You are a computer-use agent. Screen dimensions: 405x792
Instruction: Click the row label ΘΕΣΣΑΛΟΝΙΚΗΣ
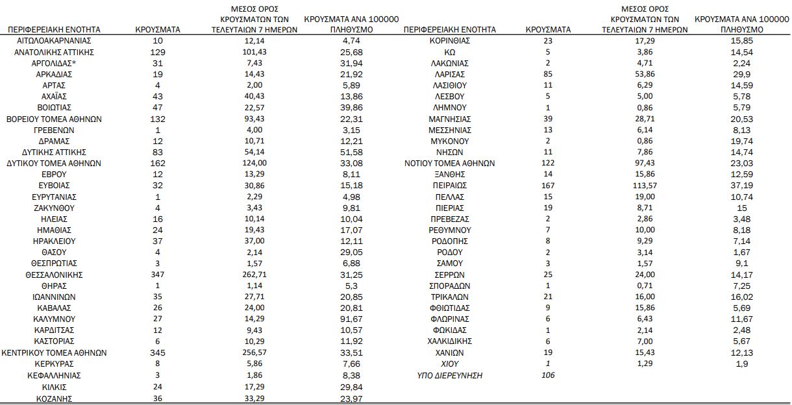(x=55, y=275)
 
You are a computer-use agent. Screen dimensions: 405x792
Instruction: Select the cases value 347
(x=157, y=275)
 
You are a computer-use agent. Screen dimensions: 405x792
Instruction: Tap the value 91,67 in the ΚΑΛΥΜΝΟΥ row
(x=351, y=319)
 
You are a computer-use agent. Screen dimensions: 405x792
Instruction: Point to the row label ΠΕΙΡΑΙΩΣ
(x=450, y=186)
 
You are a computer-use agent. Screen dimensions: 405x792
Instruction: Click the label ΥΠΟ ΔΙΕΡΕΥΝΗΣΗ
(x=450, y=375)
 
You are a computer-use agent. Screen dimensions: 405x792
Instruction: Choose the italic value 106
(x=549, y=375)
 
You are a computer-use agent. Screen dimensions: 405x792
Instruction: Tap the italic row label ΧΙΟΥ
(x=450, y=364)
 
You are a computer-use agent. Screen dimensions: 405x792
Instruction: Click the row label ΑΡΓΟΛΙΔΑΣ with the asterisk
(x=55, y=63)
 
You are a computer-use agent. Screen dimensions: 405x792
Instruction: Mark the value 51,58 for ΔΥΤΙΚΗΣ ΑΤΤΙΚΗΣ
(x=351, y=153)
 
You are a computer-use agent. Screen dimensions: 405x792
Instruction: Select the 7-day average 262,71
(x=254, y=275)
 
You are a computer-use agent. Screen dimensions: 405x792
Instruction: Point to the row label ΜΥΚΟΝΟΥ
(x=450, y=141)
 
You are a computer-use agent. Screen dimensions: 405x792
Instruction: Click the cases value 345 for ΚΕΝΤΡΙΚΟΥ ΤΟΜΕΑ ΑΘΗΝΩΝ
(x=157, y=353)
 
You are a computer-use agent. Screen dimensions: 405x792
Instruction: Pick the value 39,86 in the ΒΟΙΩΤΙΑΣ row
(x=351, y=108)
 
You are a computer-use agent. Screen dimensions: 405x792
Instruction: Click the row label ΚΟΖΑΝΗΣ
(x=55, y=398)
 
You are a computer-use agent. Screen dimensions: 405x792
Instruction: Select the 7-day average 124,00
(x=254, y=164)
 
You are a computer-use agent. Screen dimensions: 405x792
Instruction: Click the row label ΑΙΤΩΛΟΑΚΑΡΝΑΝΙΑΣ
(x=55, y=41)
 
